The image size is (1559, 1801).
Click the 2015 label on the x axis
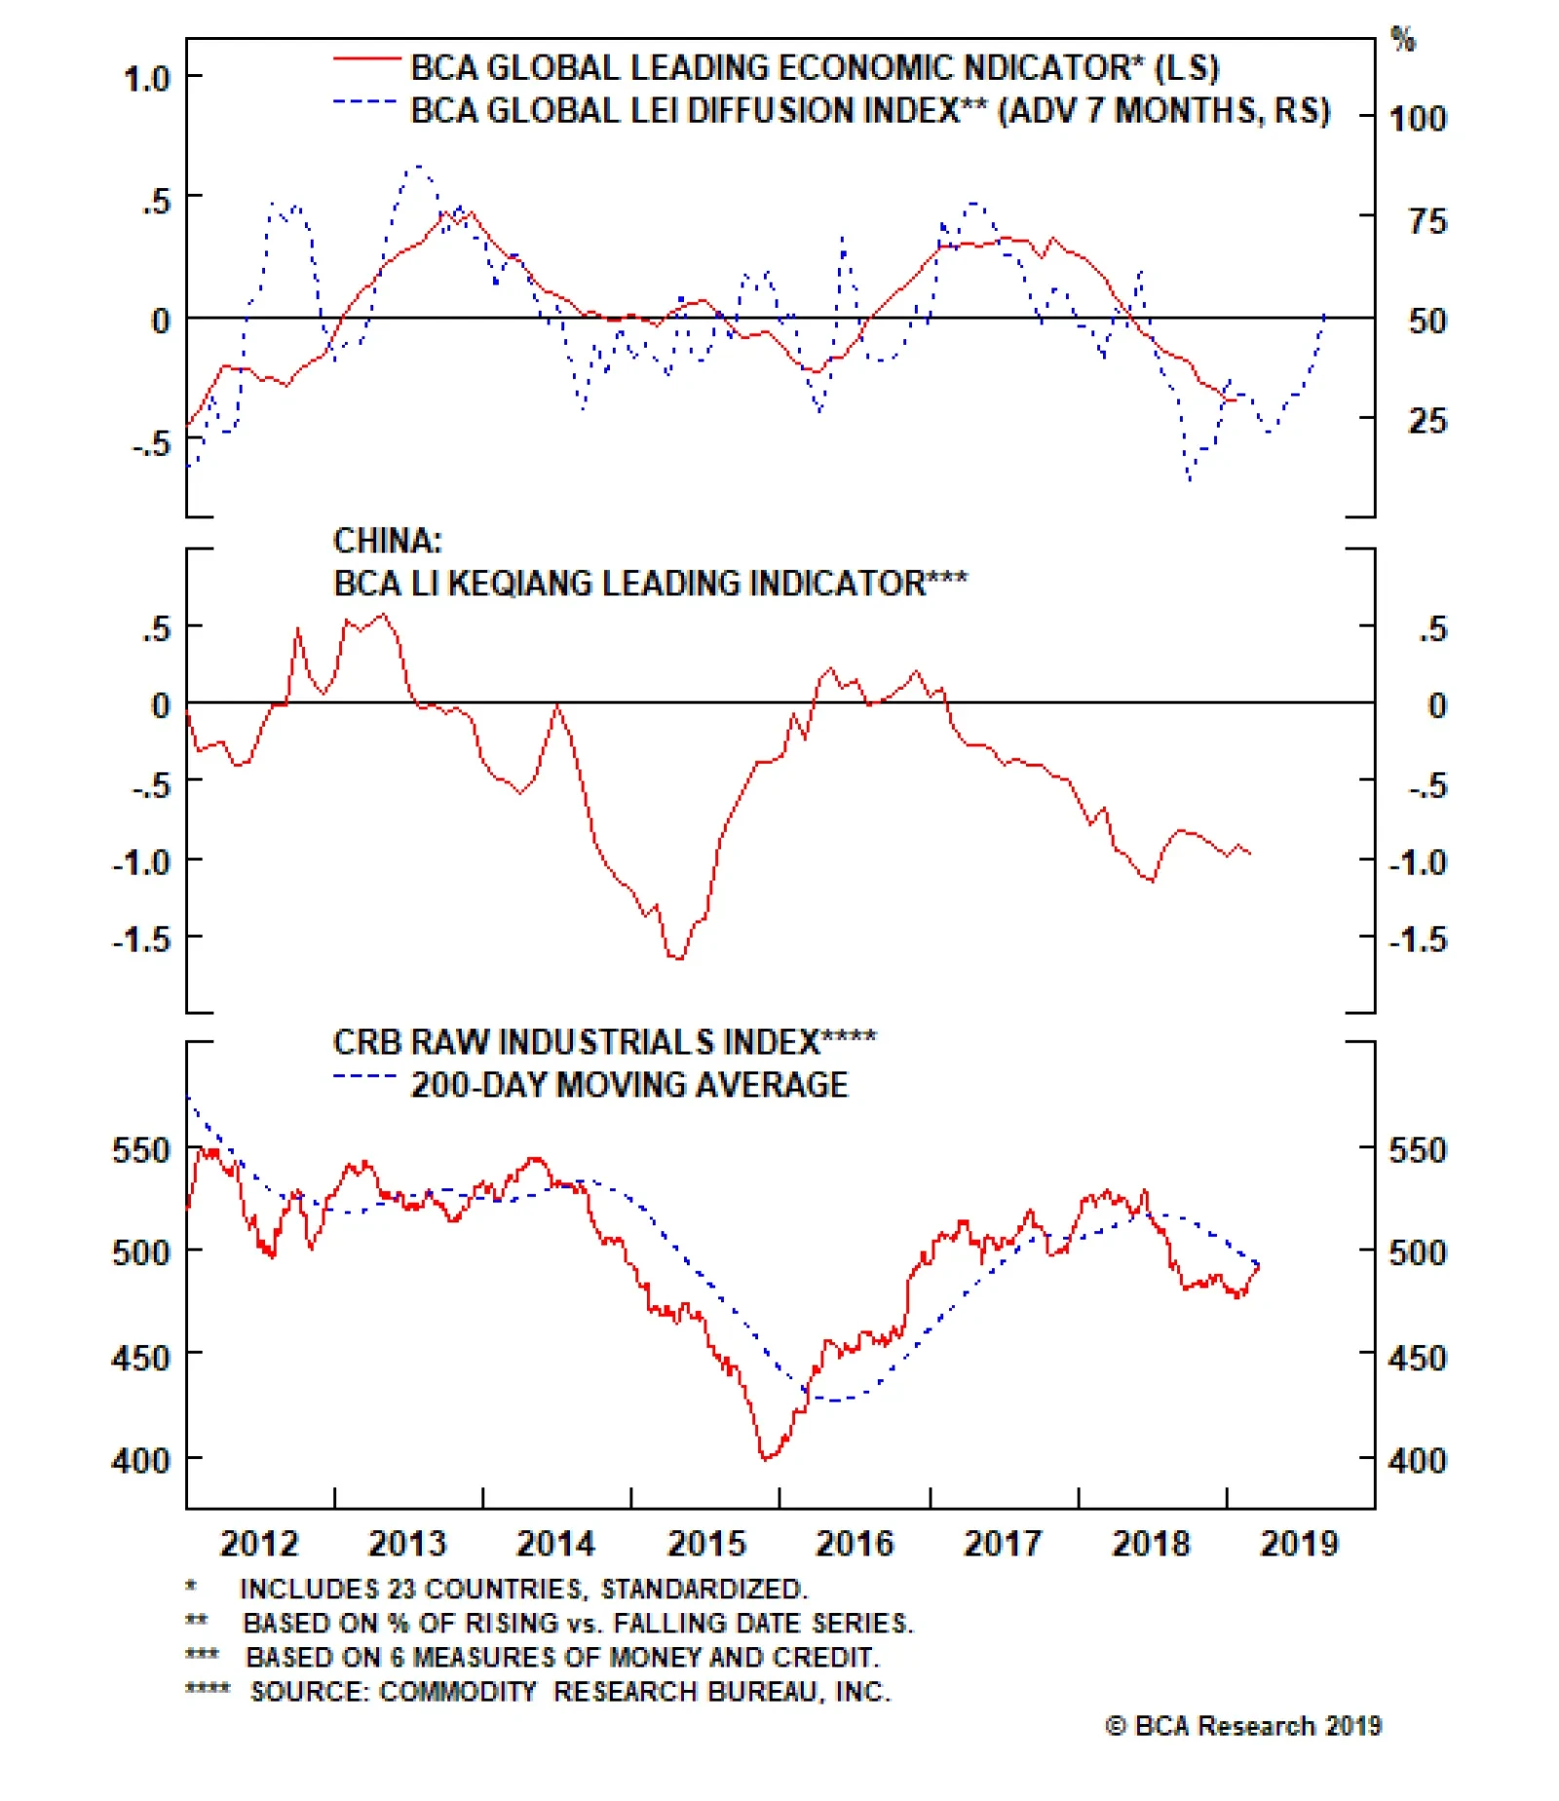(705, 1544)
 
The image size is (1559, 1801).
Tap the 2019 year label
(1299, 1544)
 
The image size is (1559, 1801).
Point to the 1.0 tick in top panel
(147, 78)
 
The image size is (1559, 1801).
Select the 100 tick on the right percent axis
(1418, 119)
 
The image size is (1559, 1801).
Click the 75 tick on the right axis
(1427, 221)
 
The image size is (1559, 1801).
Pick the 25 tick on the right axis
(1427, 421)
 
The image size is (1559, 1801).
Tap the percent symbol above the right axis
(1403, 40)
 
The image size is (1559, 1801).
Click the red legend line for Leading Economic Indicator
(366, 60)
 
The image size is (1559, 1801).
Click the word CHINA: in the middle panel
(387, 541)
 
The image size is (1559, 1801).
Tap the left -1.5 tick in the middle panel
(142, 940)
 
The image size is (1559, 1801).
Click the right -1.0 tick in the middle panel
(1418, 862)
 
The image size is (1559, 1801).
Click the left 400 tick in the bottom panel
(142, 1460)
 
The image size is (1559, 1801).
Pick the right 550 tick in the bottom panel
(1418, 1150)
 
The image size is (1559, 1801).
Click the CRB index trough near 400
(766, 1458)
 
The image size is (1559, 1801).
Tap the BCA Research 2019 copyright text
(1243, 1727)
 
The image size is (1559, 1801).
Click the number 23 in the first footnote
(402, 1590)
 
